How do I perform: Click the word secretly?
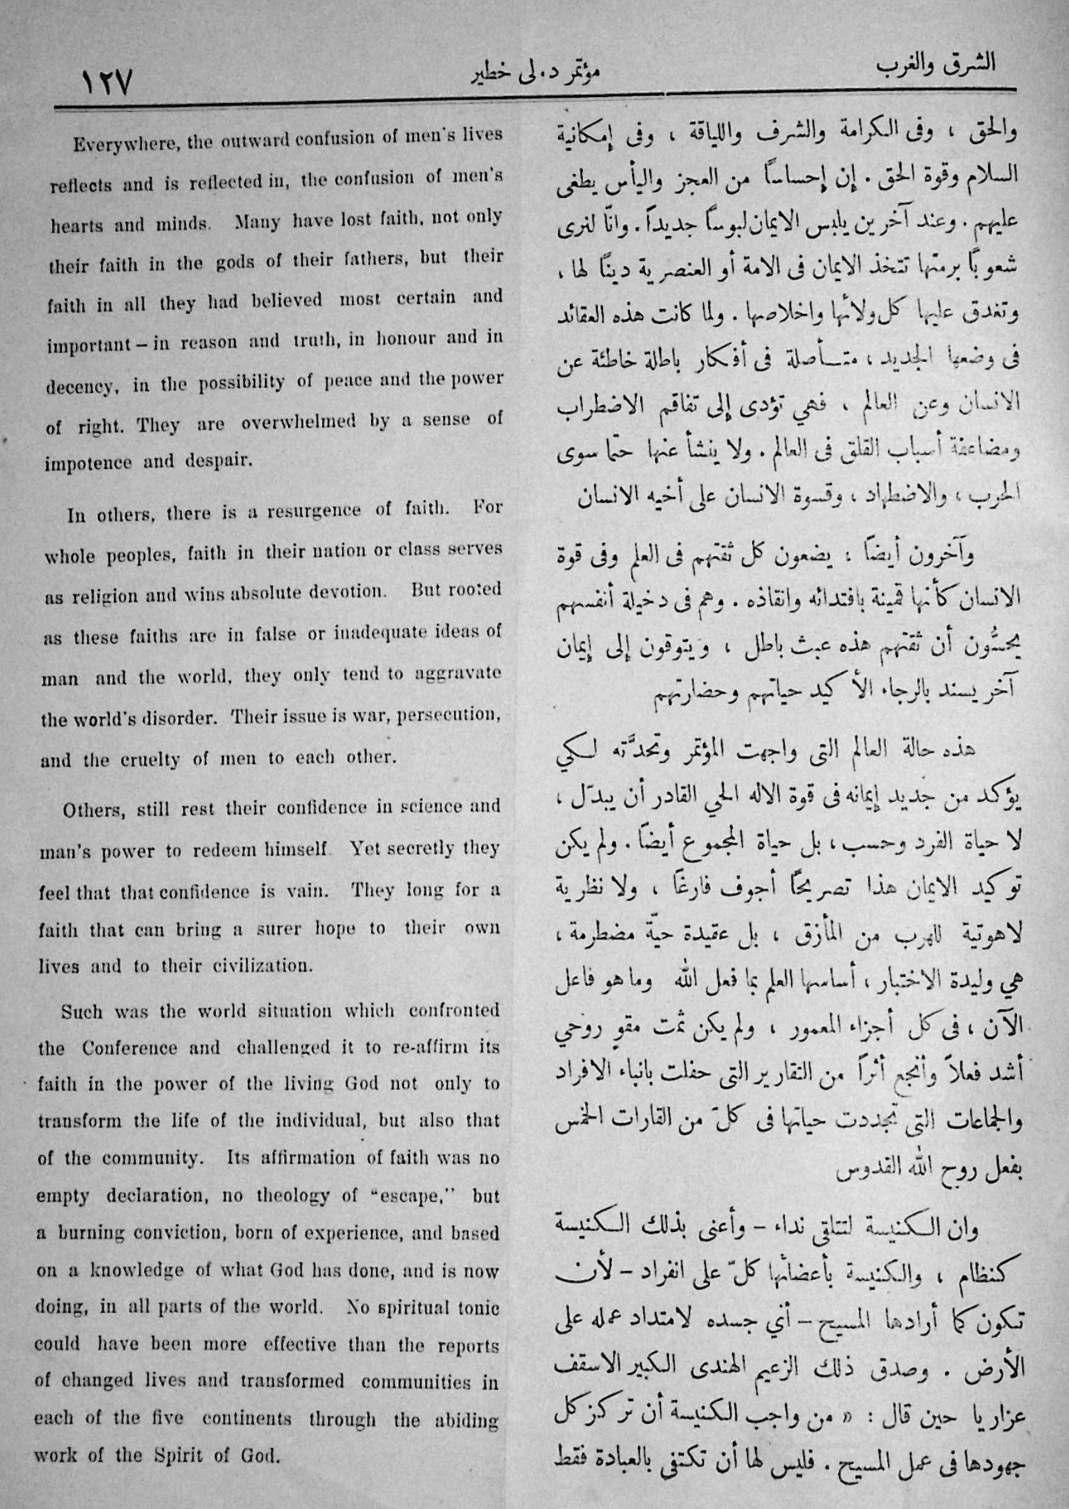(402, 849)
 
